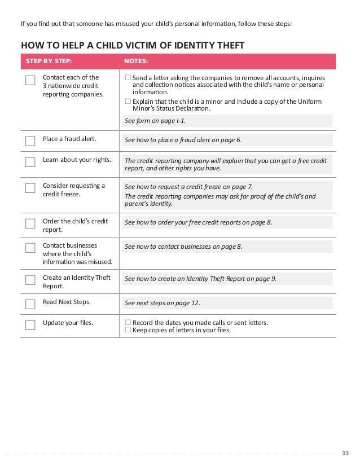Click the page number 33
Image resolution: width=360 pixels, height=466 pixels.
pyautogui.click(x=346, y=452)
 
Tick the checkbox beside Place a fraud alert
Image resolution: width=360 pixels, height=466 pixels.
pyautogui.click(x=30, y=140)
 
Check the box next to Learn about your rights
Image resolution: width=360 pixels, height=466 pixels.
pyautogui.click(x=30, y=162)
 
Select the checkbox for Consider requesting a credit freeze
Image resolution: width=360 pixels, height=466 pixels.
pyautogui.click(x=30, y=188)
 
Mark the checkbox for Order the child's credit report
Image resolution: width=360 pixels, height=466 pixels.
pyautogui.click(x=30, y=223)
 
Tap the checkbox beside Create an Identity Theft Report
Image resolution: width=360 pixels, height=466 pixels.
pyautogui.click(x=30, y=280)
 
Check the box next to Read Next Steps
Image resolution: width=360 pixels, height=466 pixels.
pyautogui.click(x=30, y=304)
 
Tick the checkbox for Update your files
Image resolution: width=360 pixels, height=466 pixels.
pyautogui.click(x=30, y=325)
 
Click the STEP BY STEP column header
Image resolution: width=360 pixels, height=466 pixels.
pyautogui.click(x=49, y=61)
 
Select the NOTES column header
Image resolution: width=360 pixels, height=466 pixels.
pyautogui.click(x=136, y=61)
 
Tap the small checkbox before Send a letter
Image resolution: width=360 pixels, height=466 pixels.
pyautogui.click(x=128, y=77)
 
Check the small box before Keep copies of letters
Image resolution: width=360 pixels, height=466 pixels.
pyautogui.click(x=128, y=330)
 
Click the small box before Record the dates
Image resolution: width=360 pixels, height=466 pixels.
pyautogui.click(x=128, y=323)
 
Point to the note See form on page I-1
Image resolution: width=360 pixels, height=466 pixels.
pyautogui.click(x=155, y=121)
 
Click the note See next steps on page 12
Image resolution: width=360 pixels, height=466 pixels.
pyautogui.click(x=162, y=303)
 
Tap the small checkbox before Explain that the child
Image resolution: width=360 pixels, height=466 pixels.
pyautogui.click(x=128, y=102)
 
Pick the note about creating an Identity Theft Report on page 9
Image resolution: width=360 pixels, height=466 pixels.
pyautogui.click(x=200, y=279)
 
